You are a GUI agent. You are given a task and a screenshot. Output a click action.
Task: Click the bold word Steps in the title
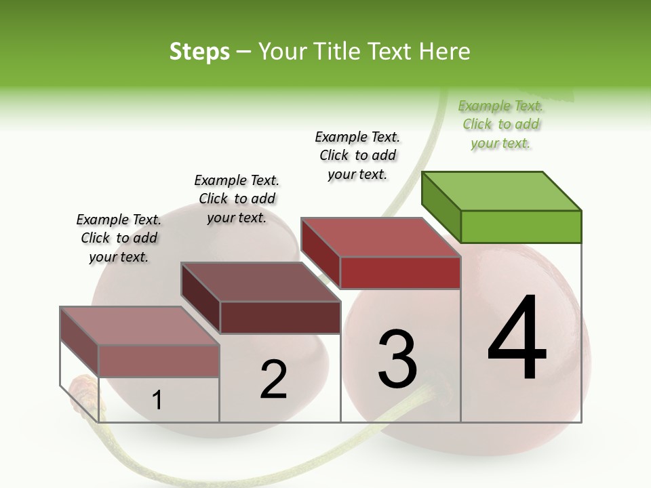pyautogui.click(x=199, y=52)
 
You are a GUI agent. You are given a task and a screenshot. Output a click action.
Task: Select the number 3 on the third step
pyautogui.click(x=397, y=359)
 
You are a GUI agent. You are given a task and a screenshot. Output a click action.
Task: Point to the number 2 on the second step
pyautogui.click(x=273, y=379)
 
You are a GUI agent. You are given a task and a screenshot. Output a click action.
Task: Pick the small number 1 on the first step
pyautogui.click(x=157, y=401)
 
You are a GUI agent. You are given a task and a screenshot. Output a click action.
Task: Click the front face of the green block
pyautogui.click(x=521, y=226)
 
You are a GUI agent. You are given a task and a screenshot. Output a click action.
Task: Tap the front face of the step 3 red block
pyautogui.click(x=400, y=272)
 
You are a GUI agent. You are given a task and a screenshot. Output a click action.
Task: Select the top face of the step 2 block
pyautogui.click(x=260, y=281)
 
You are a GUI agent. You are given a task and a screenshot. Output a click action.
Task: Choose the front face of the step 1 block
pyautogui.click(x=159, y=361)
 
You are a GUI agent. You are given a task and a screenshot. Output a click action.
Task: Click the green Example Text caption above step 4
pyautogui.click(x=500, y=125)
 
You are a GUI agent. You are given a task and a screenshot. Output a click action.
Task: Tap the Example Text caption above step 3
pyautogui.click(x=357, y=155)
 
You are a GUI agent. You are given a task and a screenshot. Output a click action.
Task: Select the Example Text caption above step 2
pyautogui.click(x=237, y=199)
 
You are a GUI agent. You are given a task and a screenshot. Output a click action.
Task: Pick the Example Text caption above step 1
pyautogui.click(x=119, y=238)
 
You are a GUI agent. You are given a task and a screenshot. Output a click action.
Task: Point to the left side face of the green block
pyautogui.click(x=441, y=207)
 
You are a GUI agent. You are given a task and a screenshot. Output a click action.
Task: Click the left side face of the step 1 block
pyautogui.click(x=79, y=342)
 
